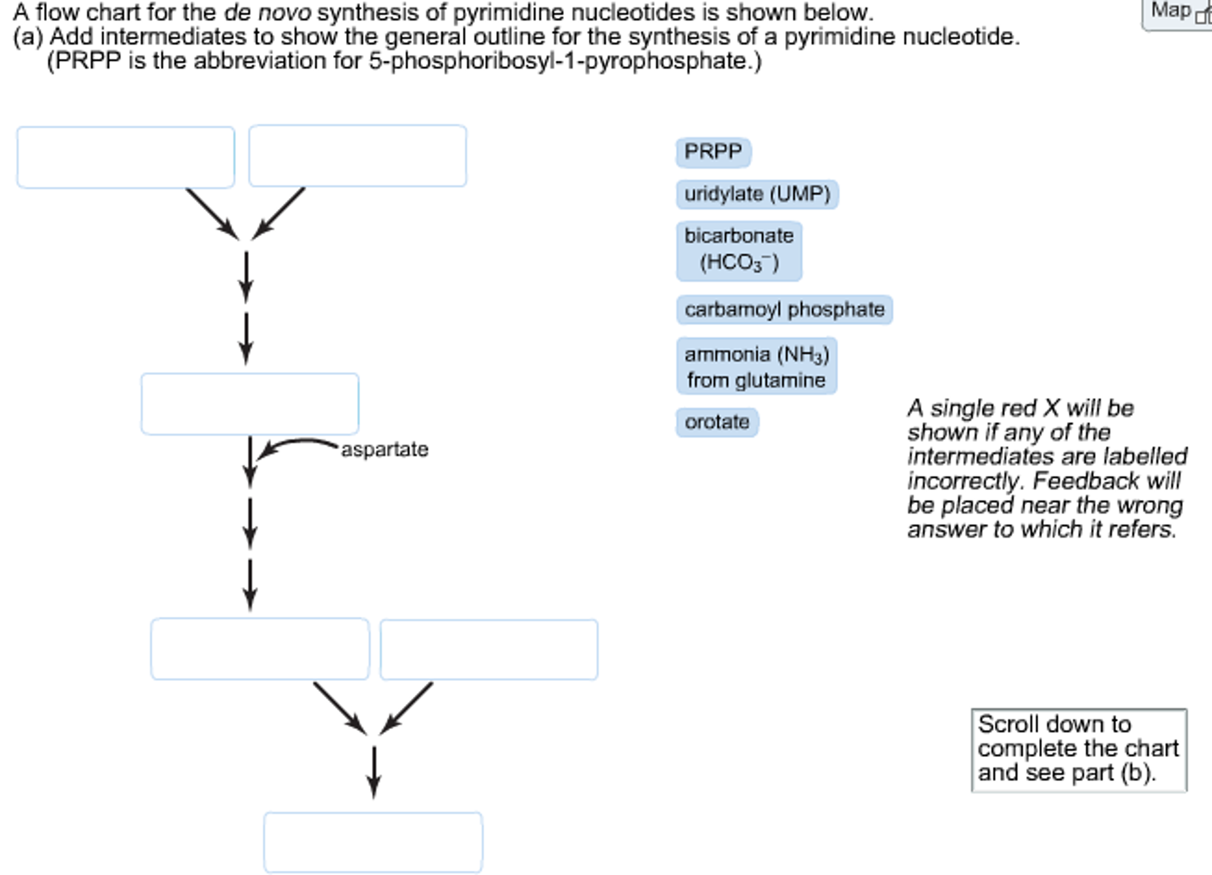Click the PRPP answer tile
[x=713, y=152]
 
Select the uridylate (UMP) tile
[x=757, y=194]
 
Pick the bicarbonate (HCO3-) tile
[x=739, y=251]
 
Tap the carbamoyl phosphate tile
[x=784, y=309]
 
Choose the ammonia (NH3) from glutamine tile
[x=756, y=366]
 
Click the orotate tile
[x=717, y=422]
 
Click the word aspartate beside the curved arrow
[x=384, y=450]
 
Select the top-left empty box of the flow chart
[x=126, y=157]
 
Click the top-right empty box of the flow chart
[x=357, y=156]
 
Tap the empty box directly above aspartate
[x=249, y=403]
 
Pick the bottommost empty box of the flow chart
[x=373, y=842]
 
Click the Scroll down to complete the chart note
[x=1078, y=749]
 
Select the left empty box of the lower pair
[x=259, y=649]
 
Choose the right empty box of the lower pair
[x=489, y=649]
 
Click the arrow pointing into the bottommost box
[x=373, y=772]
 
